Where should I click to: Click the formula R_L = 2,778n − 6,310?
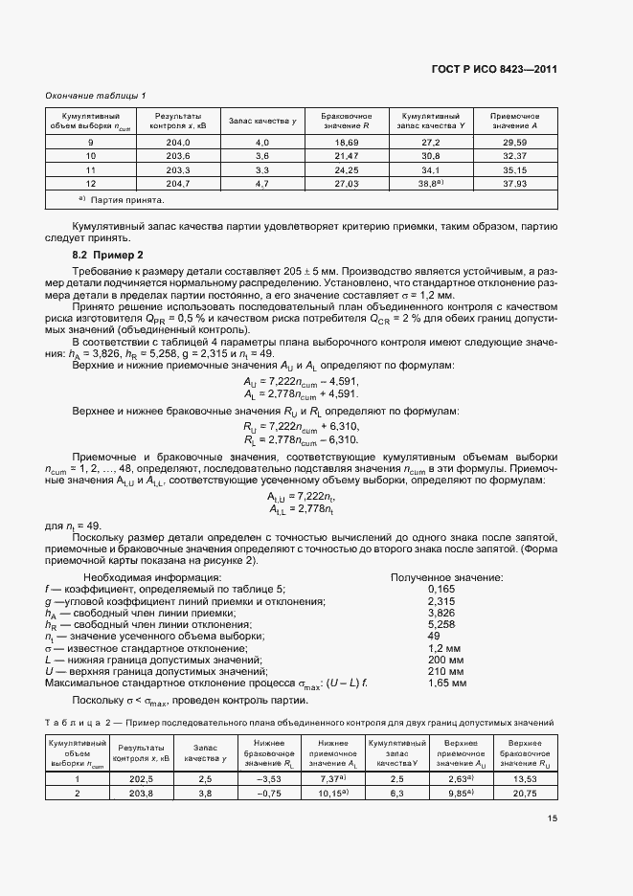301,439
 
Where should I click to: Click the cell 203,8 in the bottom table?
142,794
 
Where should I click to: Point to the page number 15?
552,845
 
